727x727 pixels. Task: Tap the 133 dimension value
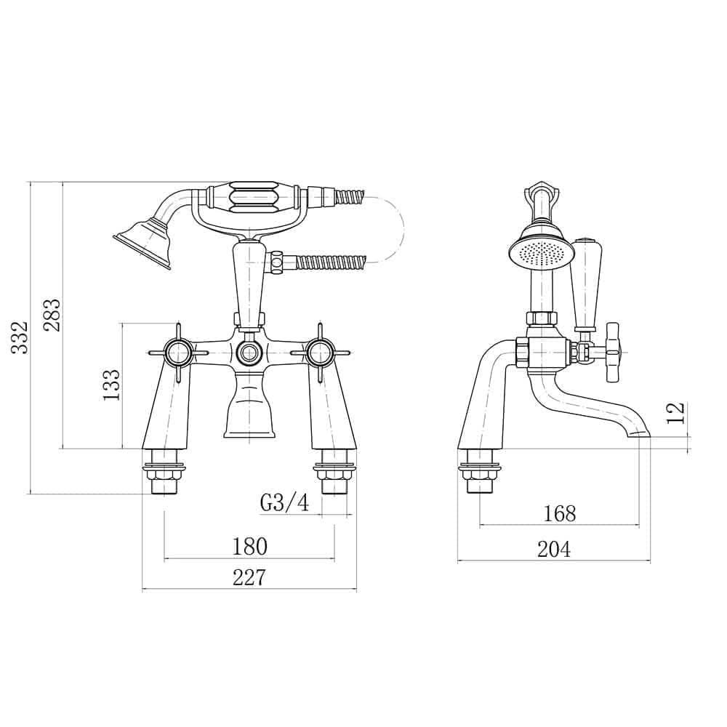[x=111, y=385]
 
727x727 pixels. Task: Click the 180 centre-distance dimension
[x=249, y=545]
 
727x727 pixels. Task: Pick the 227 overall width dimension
[x=249, y=577]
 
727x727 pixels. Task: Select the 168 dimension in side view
[x=559, y=513]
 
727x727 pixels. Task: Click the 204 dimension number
[x=554, y=550]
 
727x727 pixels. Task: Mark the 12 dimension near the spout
[x=676, y=412]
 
